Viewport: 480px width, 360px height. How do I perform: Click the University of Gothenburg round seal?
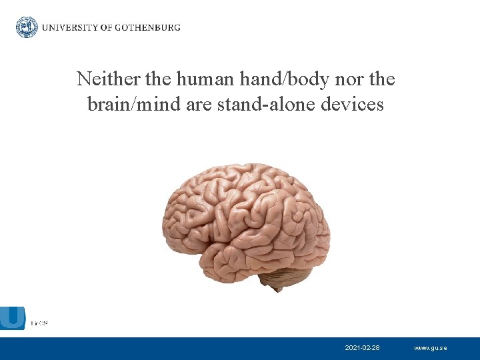tap(27, 27)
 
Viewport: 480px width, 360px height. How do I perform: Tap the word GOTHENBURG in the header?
tap(148, 28)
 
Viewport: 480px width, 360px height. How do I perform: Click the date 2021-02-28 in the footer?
tap(363, 348)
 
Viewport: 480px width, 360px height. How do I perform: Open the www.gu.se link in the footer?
tap(431, 348)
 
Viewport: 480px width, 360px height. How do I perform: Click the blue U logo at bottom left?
tap(13, 319)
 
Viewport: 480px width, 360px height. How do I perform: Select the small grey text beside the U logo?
tap(39, 323)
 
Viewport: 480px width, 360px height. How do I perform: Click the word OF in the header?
tap(105, 28)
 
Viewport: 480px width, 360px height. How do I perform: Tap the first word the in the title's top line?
tap(158, 79)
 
